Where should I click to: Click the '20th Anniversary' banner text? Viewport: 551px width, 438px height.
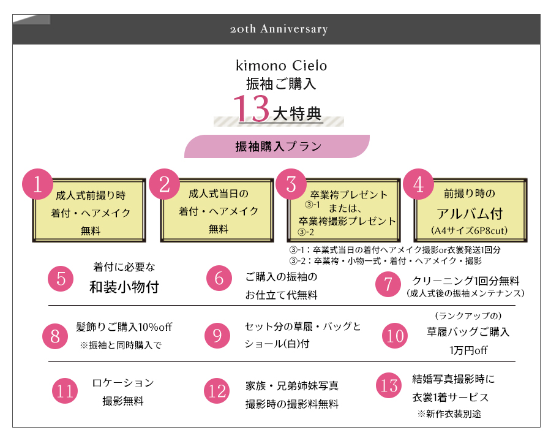click(279, 29)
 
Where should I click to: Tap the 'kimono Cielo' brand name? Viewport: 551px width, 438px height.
click(281, 66)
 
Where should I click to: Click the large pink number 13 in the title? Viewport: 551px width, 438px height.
click(252, 108)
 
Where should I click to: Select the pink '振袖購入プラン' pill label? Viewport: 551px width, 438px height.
click(277, 146)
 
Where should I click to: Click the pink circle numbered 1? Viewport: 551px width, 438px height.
click(37, 184)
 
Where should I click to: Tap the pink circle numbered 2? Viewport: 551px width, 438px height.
click(165, 184)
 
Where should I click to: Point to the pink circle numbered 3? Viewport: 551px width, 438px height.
click(291, 184)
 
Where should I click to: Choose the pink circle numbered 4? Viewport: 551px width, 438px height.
click(418, 184)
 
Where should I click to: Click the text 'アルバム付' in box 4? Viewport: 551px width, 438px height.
click(470, 213)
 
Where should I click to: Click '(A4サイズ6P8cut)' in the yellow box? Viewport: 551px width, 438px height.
click(470, 230)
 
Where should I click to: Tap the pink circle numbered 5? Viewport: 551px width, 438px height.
click(61, 279)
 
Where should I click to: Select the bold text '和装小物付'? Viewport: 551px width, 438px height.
click(124, 287)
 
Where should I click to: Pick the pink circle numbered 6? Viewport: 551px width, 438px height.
click(219, 278)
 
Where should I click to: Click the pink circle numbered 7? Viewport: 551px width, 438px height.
click(388, 284)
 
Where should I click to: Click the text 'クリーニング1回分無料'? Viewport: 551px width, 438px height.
click(466, 281)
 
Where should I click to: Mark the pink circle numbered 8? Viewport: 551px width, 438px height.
click(55, 336)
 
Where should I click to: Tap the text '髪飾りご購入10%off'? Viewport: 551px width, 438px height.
click(124, 327)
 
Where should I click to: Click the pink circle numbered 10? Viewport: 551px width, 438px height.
click(395, 336)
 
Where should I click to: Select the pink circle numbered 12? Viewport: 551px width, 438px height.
click(217, 391)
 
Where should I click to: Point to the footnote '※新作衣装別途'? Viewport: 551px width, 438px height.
click(449, 413)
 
